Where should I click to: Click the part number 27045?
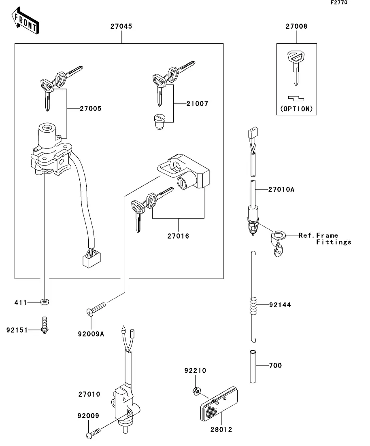(121, 27)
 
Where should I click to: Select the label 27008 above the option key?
(296, 27)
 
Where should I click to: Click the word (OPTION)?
(296, 109)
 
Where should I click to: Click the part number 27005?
(90, 109)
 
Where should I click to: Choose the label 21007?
(197, 104)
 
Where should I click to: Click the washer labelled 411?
(45, 302)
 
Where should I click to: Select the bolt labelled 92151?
(44, 325)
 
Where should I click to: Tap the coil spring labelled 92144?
(253, 305)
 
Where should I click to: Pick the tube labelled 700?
(253, 366)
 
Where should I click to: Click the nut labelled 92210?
(196, 390)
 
